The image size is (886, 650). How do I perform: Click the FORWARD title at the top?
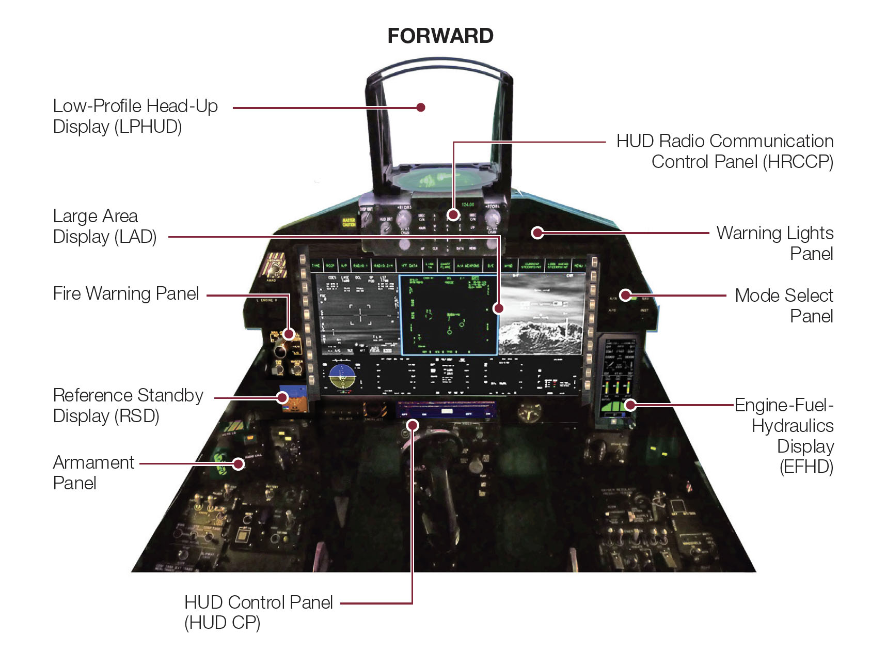pyautogui.click(x=440, y=36)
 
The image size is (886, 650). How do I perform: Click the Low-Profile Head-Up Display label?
pyautogui.click(x=135, y=116)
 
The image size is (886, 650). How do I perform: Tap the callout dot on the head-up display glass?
pyautogui.click(x=421, y=107)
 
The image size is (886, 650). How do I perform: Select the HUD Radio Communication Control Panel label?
pyautogui.click(x=724, y=151)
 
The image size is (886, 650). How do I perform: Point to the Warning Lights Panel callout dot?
pyautogui.click(x=537, y=233)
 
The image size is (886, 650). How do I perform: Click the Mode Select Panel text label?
pyautogui.click(x=783, y=305)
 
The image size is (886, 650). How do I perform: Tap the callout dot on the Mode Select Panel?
pyautogui.click(x=626, y=295)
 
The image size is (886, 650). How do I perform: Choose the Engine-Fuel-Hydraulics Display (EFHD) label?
pyautogui.click(x=792, y=435)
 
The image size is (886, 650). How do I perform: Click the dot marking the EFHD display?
pyautogui.click(x=630, y=405)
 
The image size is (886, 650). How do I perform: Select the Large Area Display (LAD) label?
pyautogui.click(x=105, y=226)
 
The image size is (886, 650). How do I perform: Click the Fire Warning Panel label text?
pyautogui.click(x=126, y=293)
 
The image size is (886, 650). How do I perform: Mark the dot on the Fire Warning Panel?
pyautogui.click(x=289, y=334)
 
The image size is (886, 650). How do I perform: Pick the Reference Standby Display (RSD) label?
pyautogui.click(x=128, y=405)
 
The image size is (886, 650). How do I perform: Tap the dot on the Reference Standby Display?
pyautogui.click(x=282, y=397)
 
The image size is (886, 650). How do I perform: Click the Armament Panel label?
pyautogui.click(x=93, y=472)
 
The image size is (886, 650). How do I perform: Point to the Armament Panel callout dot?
pyautogui.click(x=238, y=463)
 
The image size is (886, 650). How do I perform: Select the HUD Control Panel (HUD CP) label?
pyautogui.click(x=258, y=612)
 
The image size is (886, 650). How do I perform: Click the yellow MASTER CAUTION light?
pyautogui.click(x=349, y=222)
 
